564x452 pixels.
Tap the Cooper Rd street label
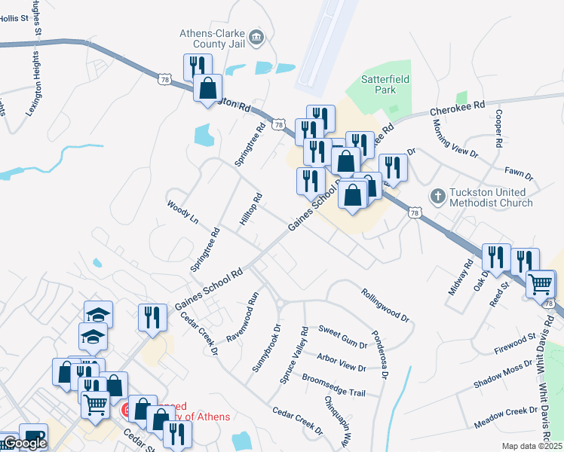498,128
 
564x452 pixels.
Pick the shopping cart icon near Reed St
541,286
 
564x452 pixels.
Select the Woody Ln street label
182,212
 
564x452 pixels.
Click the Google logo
24,443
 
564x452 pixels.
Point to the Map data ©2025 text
532,446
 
